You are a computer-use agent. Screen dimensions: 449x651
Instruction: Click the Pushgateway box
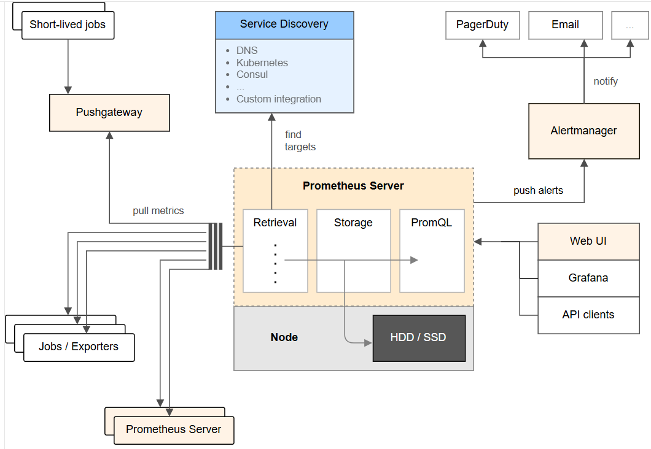coord(109,112)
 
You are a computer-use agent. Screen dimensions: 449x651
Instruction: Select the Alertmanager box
coord(583,131)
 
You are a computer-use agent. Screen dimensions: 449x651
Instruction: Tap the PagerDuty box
coord(482,25)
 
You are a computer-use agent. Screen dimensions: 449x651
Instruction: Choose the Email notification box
coord(565,25)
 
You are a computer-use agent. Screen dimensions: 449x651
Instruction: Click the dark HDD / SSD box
coord(419,338)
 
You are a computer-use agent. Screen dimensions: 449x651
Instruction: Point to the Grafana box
coord(588,278)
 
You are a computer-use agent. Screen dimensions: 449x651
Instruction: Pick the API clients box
coord(588,315)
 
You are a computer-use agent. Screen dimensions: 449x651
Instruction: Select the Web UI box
coord(588,241)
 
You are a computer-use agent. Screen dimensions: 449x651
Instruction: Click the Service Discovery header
coord(284,25)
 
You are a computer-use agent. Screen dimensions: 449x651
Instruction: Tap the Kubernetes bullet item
coord(262,63)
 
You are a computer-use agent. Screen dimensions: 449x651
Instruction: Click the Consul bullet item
coord(252,75)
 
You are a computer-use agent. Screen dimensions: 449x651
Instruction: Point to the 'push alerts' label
coord(538,191)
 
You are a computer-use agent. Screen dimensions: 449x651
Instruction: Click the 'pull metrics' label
coord(158,211)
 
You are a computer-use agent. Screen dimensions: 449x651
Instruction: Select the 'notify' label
coord(606,81)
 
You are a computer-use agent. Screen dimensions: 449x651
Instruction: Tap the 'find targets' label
coord(300,141)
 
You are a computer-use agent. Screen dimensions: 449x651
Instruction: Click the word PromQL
coord(431,223)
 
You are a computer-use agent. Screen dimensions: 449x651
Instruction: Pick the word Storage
coord(353,223)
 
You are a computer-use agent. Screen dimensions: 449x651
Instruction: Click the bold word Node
coord(284,337)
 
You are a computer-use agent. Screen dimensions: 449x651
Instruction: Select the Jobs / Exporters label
coord(79,347)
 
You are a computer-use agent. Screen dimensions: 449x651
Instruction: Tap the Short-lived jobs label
coord(68,25)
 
